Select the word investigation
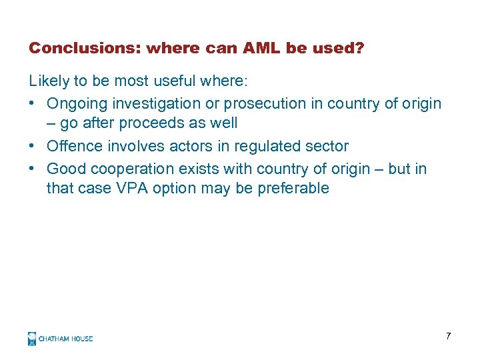point(152,103)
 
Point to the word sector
point(326,146)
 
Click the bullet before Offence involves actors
point(33,146)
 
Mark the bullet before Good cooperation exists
point(33,169)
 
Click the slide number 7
point(448,336)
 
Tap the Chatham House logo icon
point(32,339)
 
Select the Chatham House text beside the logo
point(65,339)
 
